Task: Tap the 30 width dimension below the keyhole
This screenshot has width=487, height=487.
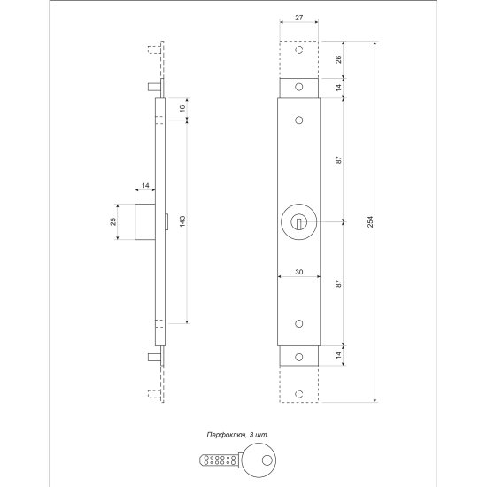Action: point(299,273)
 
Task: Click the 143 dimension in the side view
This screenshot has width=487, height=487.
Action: point(182,221)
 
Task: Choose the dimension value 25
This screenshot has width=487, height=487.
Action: point(113,221)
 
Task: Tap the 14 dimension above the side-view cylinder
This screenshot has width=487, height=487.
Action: point(144,185)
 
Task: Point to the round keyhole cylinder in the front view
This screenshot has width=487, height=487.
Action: point(299,221)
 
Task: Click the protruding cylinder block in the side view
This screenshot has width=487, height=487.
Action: point(145,221)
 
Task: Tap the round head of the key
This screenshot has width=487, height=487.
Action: point(261,459)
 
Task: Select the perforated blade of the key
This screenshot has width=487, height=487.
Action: point(216,460)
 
